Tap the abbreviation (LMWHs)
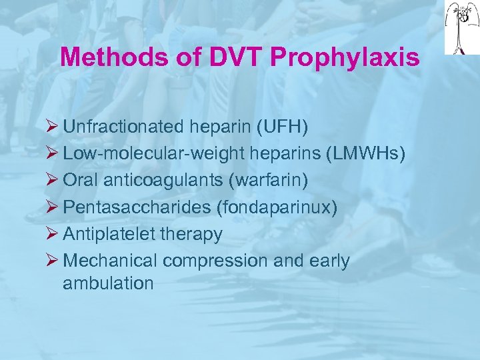coord(365,153)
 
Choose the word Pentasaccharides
coord(137,207)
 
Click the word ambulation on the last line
coord(108,283)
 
